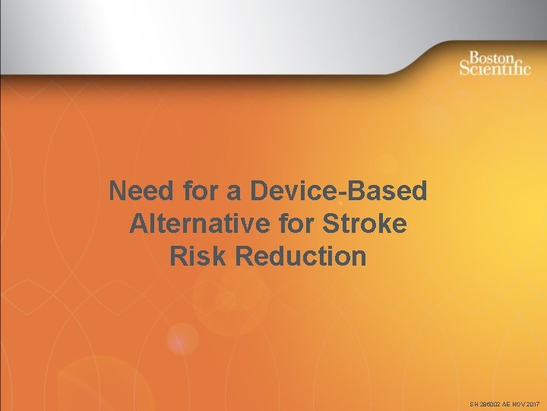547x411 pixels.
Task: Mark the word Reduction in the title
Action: tap(301, 256)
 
